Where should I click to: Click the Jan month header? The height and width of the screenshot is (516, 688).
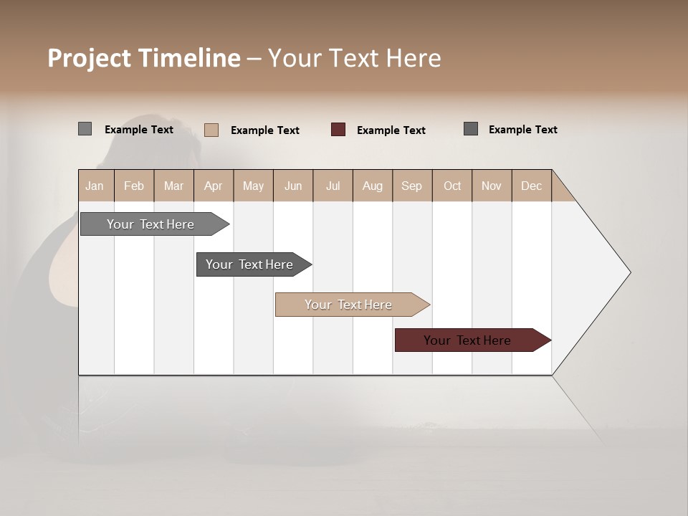tap(95, 186)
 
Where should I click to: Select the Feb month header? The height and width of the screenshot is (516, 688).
tap(134, 186)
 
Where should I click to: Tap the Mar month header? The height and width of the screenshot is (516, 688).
tap(173, 186)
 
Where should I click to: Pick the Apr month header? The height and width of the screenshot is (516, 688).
tap(214, 186)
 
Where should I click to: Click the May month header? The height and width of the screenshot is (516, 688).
tap(253, 186)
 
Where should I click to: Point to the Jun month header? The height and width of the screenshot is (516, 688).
tap(293, 186)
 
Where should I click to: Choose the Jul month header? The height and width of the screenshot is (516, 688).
tap(333, 186)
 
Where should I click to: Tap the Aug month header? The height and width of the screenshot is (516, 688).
tap(373, 186)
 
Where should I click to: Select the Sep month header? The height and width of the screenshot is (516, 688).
tap(412, 186)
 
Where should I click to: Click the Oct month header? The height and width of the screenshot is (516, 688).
tap(452, 186)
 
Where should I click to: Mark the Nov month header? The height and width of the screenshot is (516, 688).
tap(492, 186)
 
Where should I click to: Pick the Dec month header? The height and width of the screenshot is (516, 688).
tap(532, 186)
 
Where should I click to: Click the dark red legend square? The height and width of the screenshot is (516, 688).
tap(338, 129)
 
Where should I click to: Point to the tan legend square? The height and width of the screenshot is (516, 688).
tap(211, 130)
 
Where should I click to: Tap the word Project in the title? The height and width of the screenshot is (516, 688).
tap(90, 58)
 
